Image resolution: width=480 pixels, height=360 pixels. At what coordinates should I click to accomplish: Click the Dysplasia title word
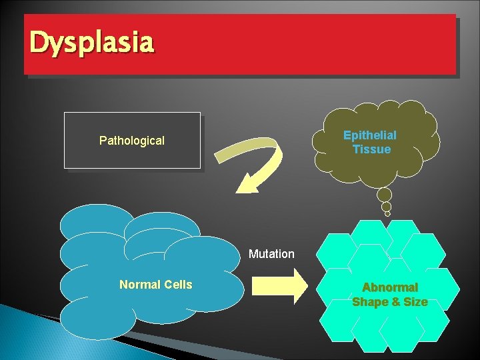92,43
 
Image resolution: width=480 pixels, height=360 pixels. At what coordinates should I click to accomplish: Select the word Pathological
132,141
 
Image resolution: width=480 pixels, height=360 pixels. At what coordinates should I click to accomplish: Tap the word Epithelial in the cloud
370,135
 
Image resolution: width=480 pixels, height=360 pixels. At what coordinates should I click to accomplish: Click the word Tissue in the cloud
372,149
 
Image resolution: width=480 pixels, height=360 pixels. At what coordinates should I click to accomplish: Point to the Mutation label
271,254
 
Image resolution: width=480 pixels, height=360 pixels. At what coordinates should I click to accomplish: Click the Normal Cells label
155,285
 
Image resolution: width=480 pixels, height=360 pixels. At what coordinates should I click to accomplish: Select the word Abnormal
390,287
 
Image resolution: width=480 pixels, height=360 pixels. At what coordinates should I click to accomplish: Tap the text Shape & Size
390,302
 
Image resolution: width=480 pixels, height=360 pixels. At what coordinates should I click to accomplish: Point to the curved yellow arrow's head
250,181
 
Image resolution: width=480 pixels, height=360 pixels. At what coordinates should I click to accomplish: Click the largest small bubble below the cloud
385,195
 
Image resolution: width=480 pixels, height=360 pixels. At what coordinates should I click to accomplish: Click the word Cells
178,285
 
